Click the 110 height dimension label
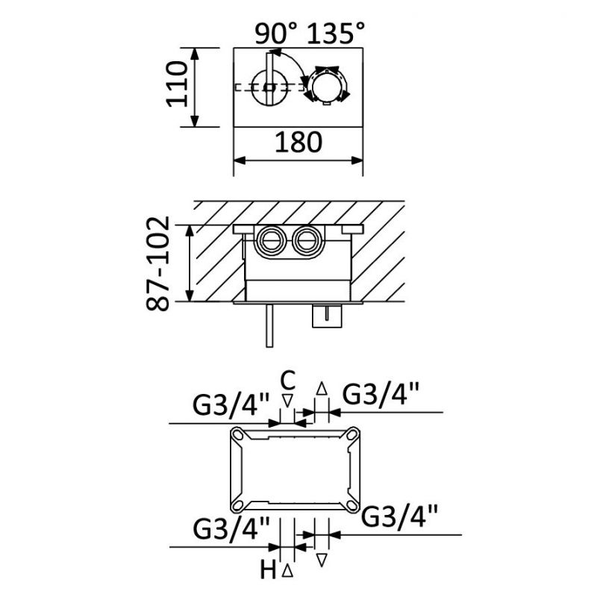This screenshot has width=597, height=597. point(178,84)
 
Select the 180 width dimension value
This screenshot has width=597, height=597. point(298,143)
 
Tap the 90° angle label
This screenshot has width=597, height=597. point(275,34)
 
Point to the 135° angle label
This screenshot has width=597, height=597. point(336,33)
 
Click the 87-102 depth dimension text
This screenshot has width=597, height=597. point(157,263)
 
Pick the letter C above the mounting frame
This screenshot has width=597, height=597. point(288,381)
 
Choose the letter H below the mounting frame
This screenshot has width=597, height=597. point(269,571)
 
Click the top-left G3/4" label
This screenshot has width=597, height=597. point(231,404)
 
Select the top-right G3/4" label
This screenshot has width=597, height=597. point(381,395)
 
